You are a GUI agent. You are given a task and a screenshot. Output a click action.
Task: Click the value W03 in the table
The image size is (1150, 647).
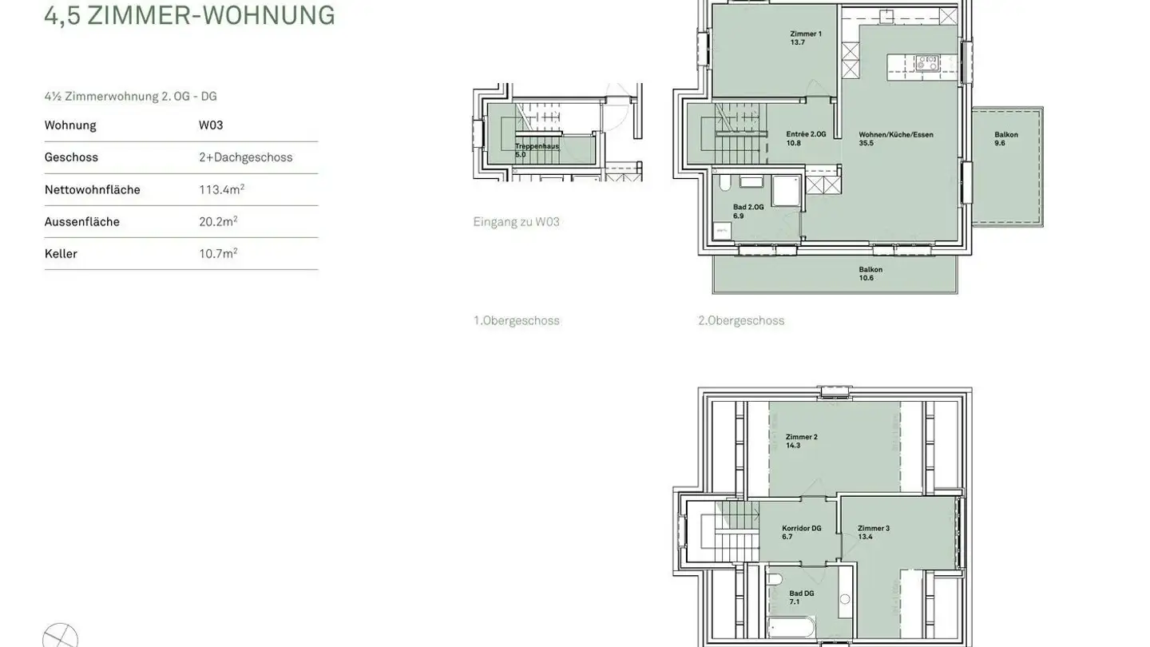coord(211,125)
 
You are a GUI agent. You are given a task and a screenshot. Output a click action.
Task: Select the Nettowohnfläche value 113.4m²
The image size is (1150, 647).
coord(221,189)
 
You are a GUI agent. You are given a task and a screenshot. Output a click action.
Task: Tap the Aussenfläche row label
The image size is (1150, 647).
coord(82,221)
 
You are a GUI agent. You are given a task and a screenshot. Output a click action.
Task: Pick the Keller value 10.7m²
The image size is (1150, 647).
coord(218,253)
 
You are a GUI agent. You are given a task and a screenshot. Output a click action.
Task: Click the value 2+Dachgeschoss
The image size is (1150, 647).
coord(245,157)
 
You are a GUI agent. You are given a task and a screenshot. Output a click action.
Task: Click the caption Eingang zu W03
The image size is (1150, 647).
coord(516,221)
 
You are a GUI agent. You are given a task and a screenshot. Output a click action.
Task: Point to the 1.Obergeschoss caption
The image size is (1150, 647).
coord(516,320)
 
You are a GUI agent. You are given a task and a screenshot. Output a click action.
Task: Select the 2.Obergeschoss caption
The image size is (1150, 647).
coord(741,320)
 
